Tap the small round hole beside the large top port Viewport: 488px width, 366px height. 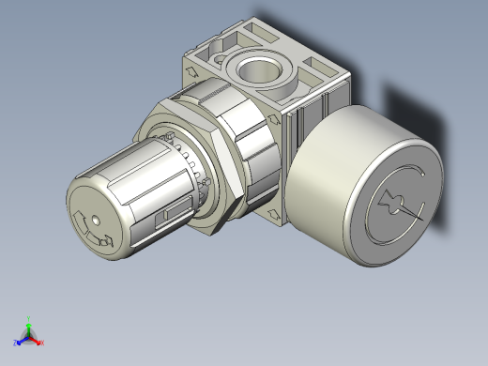[221, 64]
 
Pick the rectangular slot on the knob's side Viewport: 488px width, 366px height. [171, 214]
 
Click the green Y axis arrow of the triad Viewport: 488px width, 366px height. [29, 324]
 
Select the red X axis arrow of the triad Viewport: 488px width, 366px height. [37, 336]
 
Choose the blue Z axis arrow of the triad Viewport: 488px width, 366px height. [22, 337]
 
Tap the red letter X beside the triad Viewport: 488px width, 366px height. [42, 343]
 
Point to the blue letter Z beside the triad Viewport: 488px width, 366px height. [15, 343]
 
